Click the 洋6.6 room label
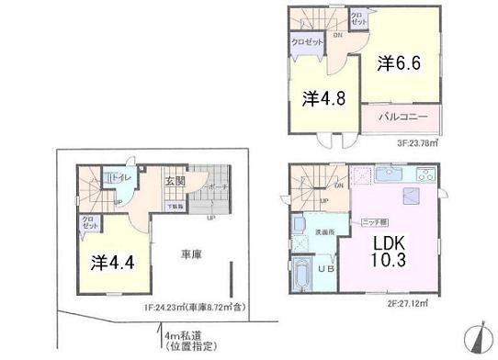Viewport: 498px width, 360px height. [x=400, y=63]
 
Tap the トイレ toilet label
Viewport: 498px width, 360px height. [x=120, y=177]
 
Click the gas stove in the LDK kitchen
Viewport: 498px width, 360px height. [x=427, y=174]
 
